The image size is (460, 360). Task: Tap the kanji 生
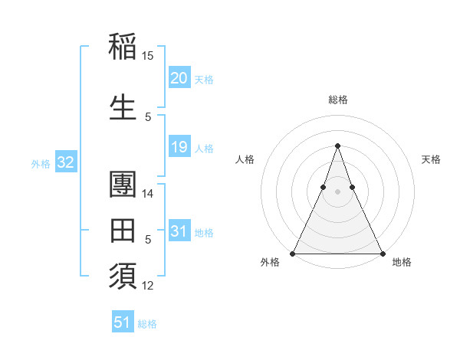[x=123, y=107]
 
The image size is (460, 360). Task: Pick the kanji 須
[x=123, y=277]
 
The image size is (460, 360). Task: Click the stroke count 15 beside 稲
[x=148, y=56]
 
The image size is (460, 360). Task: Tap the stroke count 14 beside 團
[x=148, y=194]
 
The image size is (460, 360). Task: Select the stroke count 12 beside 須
[x=148, y=286]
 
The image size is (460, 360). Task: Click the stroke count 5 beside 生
[x=148, y=117]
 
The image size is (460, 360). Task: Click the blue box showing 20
[x=179, y=78]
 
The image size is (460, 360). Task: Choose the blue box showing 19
[x=179, y=148]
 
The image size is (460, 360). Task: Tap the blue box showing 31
[x=179, y=231]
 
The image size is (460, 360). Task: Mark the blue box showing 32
[x=65, y=162]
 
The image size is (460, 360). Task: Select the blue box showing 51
[x=122, y=322]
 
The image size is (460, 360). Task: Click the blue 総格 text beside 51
[x=147, y=324]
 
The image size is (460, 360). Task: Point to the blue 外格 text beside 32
[x=41, y=163]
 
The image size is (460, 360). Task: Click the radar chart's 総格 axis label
[x=337, y=100]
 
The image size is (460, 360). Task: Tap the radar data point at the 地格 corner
[x=382, y=253]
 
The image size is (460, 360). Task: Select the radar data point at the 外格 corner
[x=293, y=253]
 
